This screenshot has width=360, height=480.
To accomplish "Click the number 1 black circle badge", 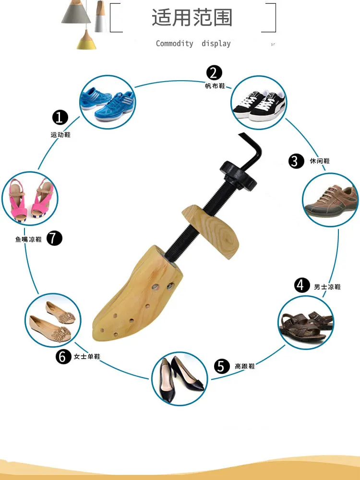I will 60,118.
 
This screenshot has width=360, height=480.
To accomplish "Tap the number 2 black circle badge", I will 215,72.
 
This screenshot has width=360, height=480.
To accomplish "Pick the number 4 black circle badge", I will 301,286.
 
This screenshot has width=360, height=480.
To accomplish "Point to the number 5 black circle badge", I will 221,367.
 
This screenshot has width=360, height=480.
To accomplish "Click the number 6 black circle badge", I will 63,357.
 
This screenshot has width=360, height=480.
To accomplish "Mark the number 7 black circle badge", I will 55,238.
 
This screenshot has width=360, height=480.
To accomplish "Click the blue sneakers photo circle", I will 107,102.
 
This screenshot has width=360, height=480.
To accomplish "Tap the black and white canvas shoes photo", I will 258,103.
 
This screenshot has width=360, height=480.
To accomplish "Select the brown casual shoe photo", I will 331,199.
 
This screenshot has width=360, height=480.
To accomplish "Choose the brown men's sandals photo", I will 306,321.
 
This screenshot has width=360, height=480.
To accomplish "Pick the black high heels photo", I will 179,379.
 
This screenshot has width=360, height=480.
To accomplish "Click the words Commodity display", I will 193,44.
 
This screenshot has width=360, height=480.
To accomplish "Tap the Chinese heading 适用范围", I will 192,18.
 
